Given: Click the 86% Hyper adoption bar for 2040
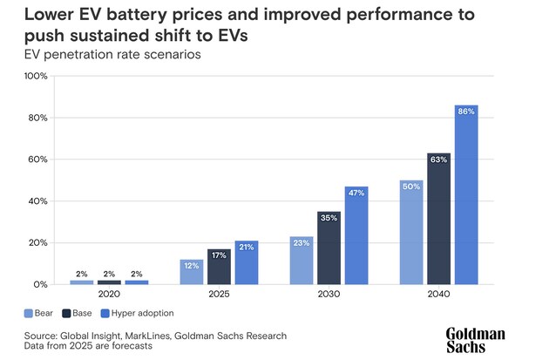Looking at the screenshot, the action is tap(466, 194).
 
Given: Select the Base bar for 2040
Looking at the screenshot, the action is tap(439, 219).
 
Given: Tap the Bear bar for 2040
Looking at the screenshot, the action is tap(411, 233).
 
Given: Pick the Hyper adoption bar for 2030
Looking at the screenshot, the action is tap(356, 235).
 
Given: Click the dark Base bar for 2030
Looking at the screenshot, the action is tap(329, 248).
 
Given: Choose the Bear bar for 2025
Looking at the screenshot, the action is tap(192, 272).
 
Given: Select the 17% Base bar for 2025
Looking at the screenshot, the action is tap(219, 267).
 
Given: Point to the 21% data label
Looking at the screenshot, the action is tap(247, 248).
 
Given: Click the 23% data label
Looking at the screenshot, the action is tap(302, 243).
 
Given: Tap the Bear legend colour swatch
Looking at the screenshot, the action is tap(29, 314).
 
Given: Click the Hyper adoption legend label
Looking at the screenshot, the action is tap(143, 313).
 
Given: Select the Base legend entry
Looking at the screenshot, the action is tap(77, 313).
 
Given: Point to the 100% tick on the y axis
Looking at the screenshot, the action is tap(36, 76).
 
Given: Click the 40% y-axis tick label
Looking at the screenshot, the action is tap(38, 201).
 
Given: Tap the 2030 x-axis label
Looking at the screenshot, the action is tap(329, 294).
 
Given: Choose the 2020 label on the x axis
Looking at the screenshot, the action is tap(109, 294).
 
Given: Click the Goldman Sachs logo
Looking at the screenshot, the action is tap(475, 340).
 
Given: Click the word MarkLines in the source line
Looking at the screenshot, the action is tap(147, 336).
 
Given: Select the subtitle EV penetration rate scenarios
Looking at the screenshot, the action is tap(112, 55).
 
